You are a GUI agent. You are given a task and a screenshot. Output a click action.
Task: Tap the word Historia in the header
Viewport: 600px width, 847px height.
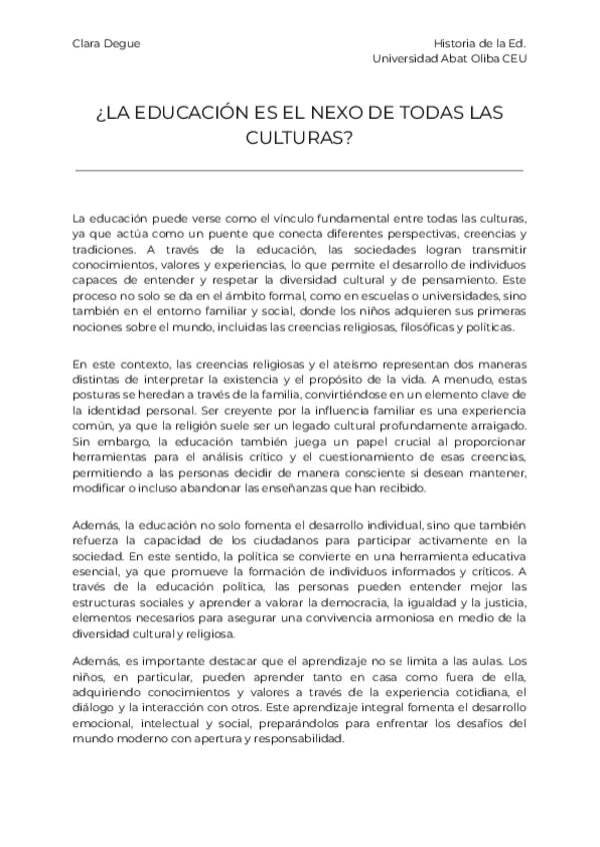[x=455, y=44]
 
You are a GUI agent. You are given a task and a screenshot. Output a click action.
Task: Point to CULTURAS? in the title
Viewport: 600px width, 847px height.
[x=299, y=139]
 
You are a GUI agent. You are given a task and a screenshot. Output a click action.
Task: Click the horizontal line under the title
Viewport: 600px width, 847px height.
[x=299, y=172]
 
